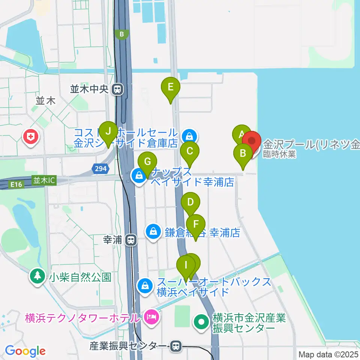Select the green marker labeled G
point(147,162)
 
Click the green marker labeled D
point(190,203)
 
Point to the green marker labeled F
point(196,225)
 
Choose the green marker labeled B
point(243,154)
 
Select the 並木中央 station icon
point(118,89)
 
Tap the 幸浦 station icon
point(131,239)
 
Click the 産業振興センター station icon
point(175,346)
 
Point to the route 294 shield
point(100,169)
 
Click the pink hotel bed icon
point(151,318)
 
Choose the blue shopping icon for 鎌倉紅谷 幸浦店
point(154,232)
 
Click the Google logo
point(25,351)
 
